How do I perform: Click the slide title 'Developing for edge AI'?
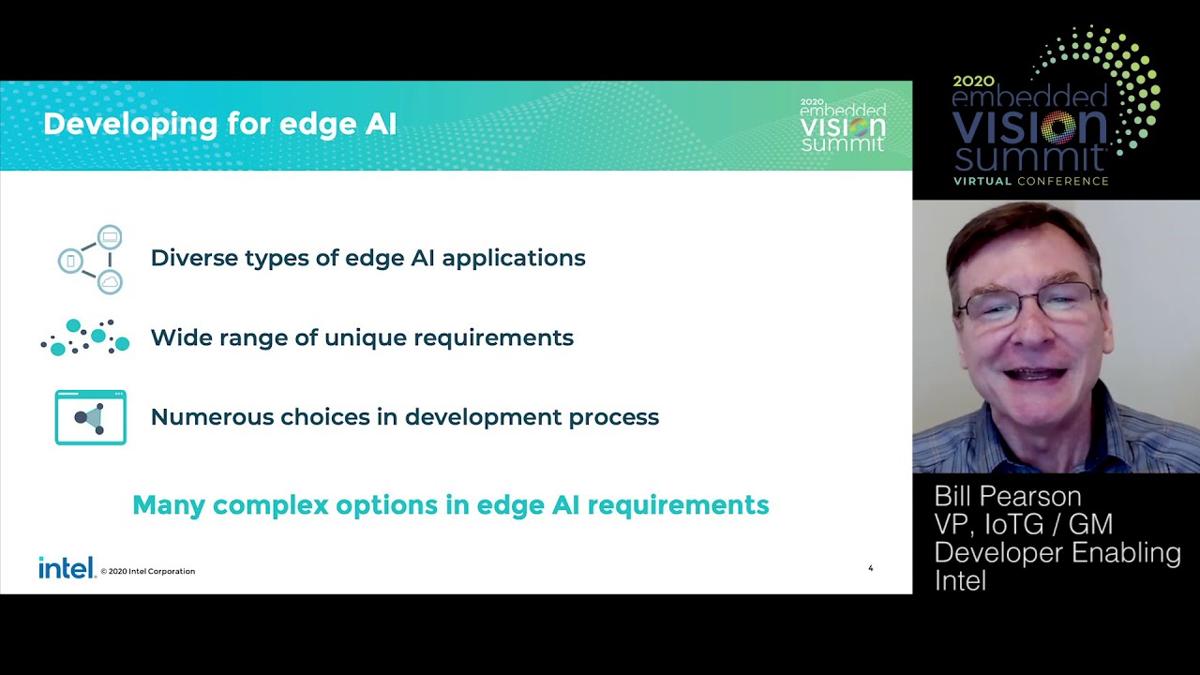tap(219, 125)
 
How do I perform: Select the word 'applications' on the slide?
tap(513, 259)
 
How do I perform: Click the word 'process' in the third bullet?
tap(614, 418)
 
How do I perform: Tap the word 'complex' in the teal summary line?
tap(271, 505)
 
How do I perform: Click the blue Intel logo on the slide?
tap(67, 568)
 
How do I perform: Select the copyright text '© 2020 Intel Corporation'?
tap(148, 571)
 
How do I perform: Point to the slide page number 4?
tap(871, 568)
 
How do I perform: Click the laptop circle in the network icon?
tap(110, 237)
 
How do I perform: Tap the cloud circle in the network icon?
tap(110, 282)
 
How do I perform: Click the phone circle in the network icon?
tap(70, 261)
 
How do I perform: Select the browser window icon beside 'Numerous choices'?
tap(91, 417)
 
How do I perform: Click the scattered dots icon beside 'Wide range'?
tap(85, 337)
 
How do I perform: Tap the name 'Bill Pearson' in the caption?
tap(1008, 497)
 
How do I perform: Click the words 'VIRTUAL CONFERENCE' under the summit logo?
tap(1030, 181)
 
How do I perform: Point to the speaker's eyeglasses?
tap(1027, 303)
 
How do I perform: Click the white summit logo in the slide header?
tap(843, 125)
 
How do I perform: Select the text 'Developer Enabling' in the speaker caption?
tap(1057, 553)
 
